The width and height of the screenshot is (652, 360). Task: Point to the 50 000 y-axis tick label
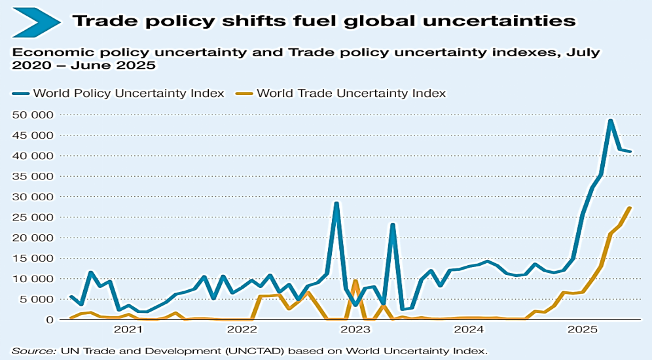(x=31, y=115)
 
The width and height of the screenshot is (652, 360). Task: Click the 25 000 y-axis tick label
(x=31, y=217)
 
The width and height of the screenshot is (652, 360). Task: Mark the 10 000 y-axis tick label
(x=31, y=279)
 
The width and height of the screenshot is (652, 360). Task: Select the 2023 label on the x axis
(x=355, y=330)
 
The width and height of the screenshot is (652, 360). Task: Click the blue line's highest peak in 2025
(x=610, y=120)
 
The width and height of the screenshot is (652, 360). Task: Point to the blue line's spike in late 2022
(x=336, y=203)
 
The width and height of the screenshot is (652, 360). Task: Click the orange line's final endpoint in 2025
(x=630, y=208)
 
